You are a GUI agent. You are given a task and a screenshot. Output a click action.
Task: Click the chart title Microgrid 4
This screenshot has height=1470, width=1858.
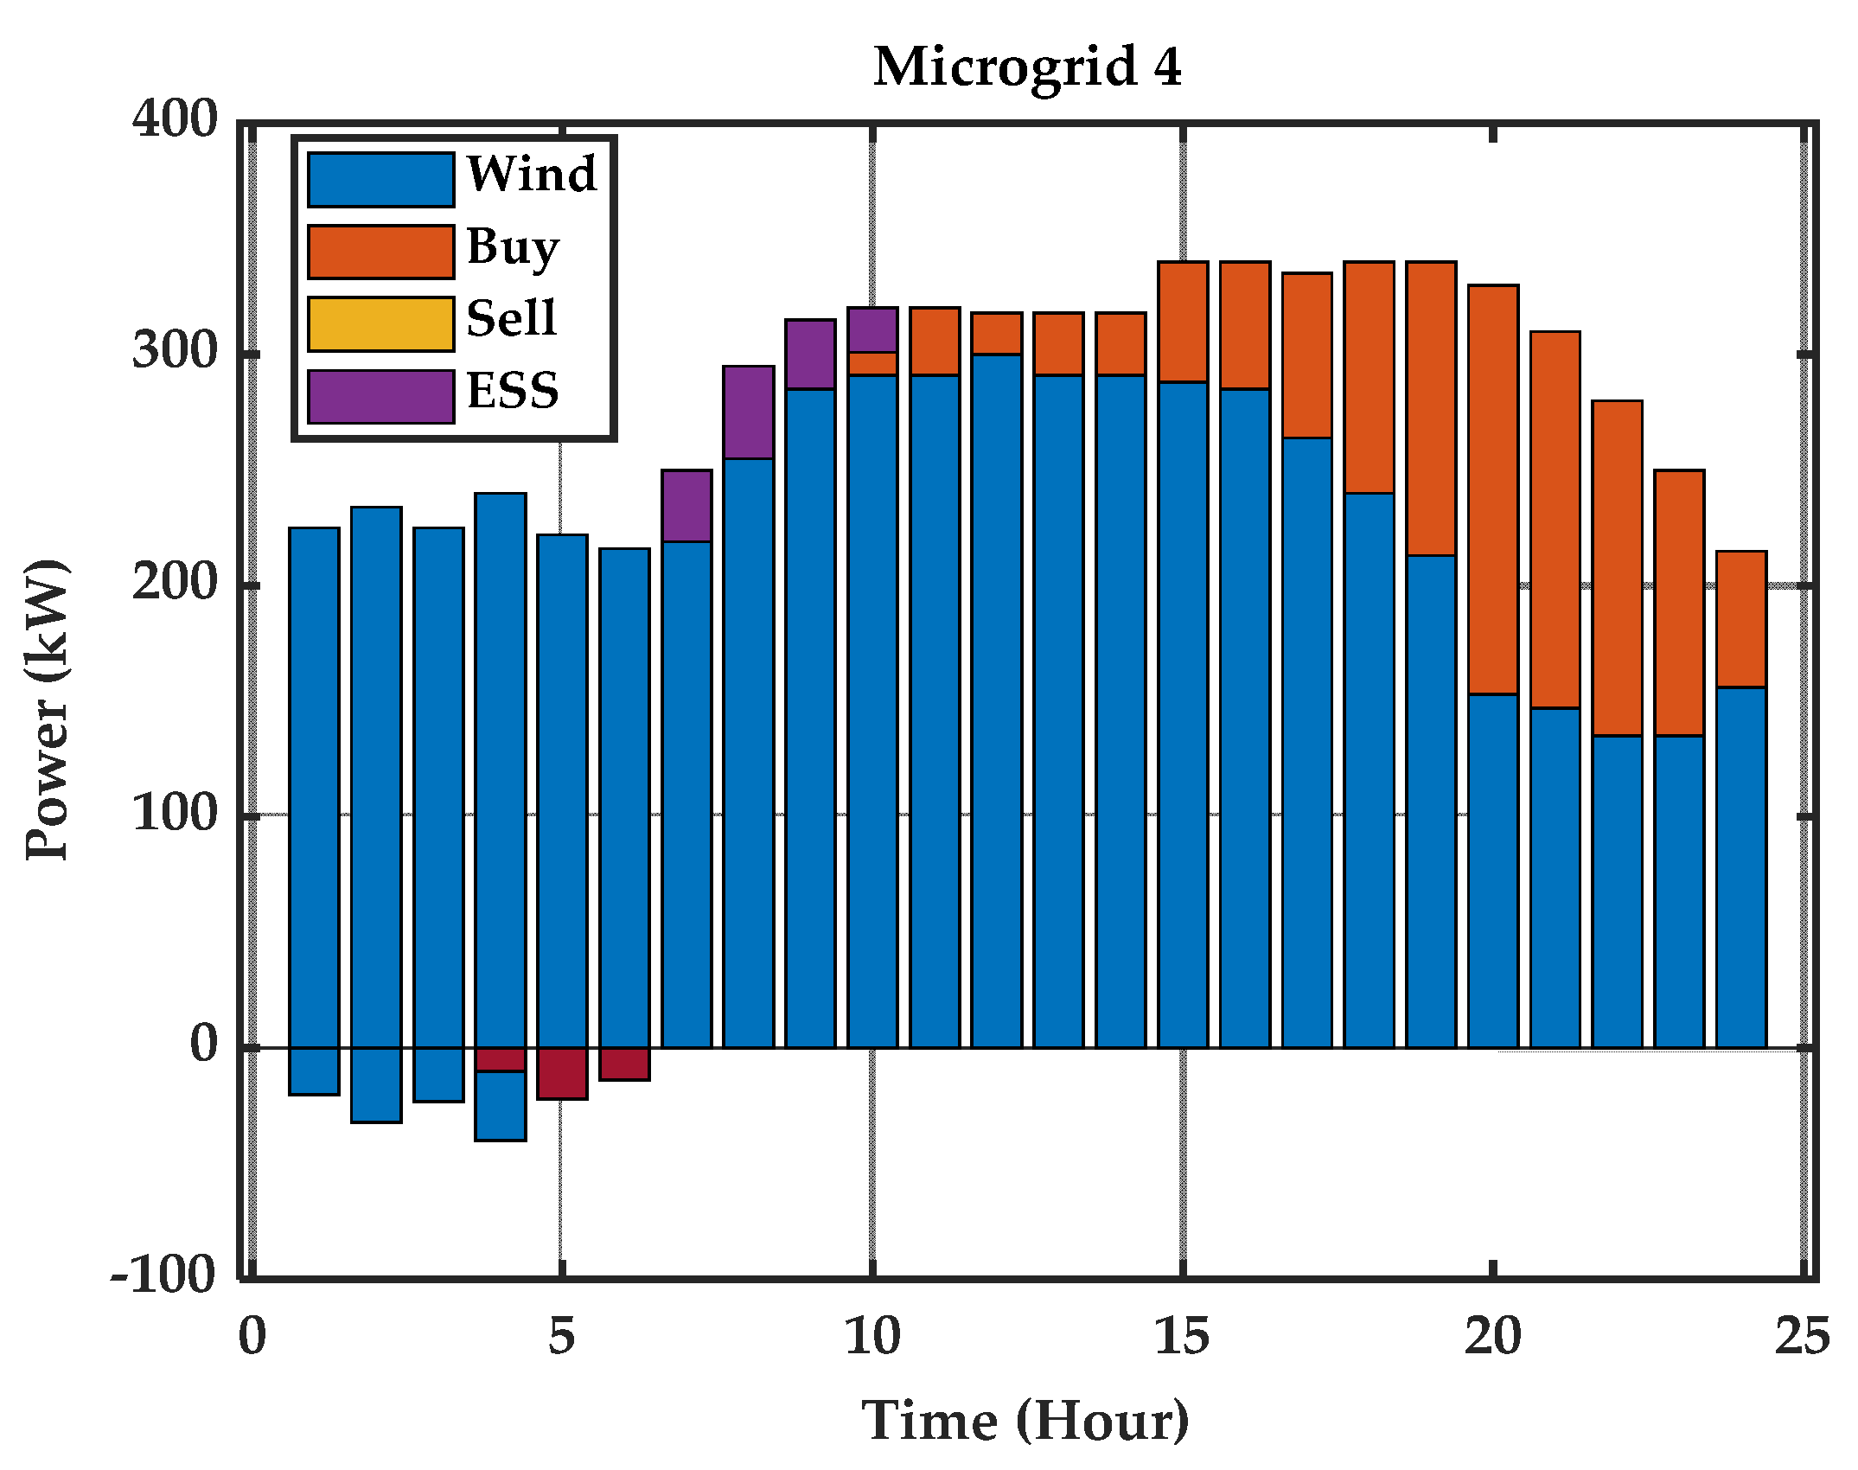click(1027, 67)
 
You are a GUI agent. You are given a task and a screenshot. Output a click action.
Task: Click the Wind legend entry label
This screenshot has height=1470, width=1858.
click(532, 174)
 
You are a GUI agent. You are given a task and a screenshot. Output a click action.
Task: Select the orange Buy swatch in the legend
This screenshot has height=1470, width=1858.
click(380, 252)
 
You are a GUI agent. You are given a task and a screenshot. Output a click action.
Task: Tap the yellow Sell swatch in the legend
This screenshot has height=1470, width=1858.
click(380, 324)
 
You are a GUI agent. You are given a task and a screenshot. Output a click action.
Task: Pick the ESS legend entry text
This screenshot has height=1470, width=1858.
click(513, 391)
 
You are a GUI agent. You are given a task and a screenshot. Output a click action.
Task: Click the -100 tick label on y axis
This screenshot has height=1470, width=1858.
click(163, 1275)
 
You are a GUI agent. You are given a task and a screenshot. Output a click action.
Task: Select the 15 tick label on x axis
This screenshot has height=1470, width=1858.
click(1182, 1337)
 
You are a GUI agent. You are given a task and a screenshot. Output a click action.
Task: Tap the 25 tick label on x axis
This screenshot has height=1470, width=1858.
click(1802, 1337)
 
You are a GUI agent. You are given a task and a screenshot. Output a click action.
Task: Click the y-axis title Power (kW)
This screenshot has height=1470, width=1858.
click(48, 709)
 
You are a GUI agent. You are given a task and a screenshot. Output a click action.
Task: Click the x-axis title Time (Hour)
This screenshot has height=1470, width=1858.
click(1025, 1421)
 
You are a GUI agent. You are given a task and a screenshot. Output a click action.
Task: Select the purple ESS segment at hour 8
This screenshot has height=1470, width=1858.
click(749, 412)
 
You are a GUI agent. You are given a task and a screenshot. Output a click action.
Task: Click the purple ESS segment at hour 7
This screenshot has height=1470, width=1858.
click(686, 506)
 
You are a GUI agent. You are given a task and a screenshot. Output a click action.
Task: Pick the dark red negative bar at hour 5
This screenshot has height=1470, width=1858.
click(562, 1073)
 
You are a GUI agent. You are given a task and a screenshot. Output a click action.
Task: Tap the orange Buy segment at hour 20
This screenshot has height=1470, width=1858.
click(1493, 489)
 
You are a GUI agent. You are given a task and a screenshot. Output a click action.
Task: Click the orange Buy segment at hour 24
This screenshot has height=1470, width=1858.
click(1741, 619)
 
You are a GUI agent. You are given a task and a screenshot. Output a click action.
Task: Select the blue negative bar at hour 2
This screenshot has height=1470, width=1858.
click(376, 1085)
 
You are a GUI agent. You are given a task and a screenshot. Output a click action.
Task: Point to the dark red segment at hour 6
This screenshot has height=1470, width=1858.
click(624, 1064)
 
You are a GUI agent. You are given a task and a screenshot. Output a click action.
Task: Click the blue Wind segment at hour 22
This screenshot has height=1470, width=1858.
click(1617, 891)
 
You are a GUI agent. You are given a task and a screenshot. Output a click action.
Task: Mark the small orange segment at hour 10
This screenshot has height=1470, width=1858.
click(872, 363)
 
